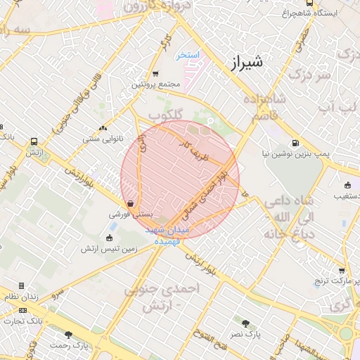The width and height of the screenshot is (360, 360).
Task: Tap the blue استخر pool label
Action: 189,54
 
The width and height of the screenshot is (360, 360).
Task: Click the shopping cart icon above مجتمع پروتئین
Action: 155,73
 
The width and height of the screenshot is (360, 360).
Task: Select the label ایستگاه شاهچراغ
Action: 309,13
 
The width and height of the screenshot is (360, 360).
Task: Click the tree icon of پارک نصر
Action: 245,323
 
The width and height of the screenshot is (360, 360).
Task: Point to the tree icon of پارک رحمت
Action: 68,335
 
